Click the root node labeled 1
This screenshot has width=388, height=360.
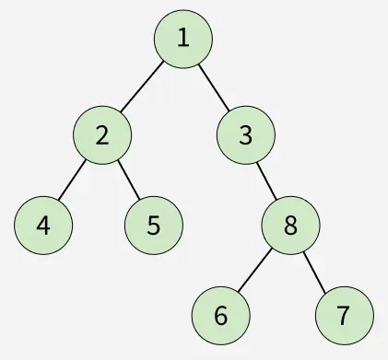[183, 39]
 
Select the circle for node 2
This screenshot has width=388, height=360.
[101, 135]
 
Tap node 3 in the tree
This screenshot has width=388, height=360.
[245, 135]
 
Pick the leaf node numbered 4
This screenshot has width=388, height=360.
[43, 225]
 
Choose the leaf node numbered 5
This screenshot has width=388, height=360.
[154, 225]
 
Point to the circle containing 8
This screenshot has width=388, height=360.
[290, 226]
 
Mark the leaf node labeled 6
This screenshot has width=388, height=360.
[220, 315]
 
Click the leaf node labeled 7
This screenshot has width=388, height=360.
[343, 315]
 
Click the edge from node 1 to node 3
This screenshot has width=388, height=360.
[215, 87]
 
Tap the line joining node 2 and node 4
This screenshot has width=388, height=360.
[73, 180]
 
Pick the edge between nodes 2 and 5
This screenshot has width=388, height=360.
[128, 180]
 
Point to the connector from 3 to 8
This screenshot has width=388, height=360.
[267, 180]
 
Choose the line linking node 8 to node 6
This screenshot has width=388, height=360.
[255, 271]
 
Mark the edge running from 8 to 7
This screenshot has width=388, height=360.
[317, 271]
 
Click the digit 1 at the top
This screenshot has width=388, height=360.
[183, 39]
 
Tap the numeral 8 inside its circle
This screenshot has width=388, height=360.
[290, 226]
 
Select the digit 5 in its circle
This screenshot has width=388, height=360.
[154, 225]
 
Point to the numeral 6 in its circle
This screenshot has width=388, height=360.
[220, 315]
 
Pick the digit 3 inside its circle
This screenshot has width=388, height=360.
[245, 135]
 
